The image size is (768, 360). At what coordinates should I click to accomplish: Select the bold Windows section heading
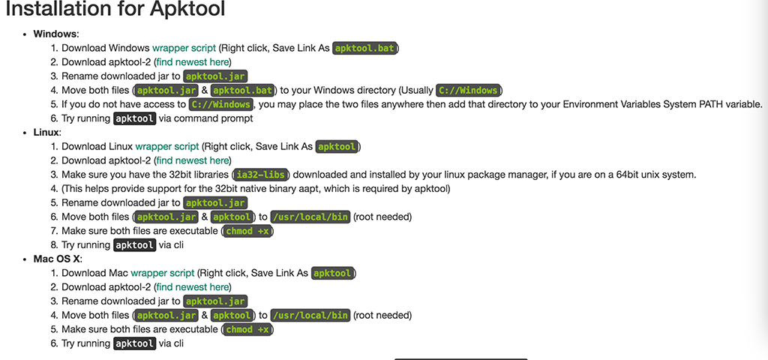pos(55,34)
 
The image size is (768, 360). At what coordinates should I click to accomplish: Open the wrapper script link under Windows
pos(184,48)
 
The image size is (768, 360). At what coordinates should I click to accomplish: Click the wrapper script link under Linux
pos(167,147)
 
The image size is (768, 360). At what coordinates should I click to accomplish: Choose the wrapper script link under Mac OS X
pos(163,273)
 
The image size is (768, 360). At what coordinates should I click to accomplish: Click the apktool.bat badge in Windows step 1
pos(365,48)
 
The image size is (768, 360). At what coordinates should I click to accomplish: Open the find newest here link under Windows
pos(193,62)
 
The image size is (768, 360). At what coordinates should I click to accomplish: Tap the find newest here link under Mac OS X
pos(193,287)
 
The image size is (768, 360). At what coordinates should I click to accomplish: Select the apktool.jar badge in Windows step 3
pos(215,76)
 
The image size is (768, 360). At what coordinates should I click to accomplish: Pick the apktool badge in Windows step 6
pos(134,118)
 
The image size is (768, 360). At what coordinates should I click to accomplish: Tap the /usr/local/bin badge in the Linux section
pos(310,217)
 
